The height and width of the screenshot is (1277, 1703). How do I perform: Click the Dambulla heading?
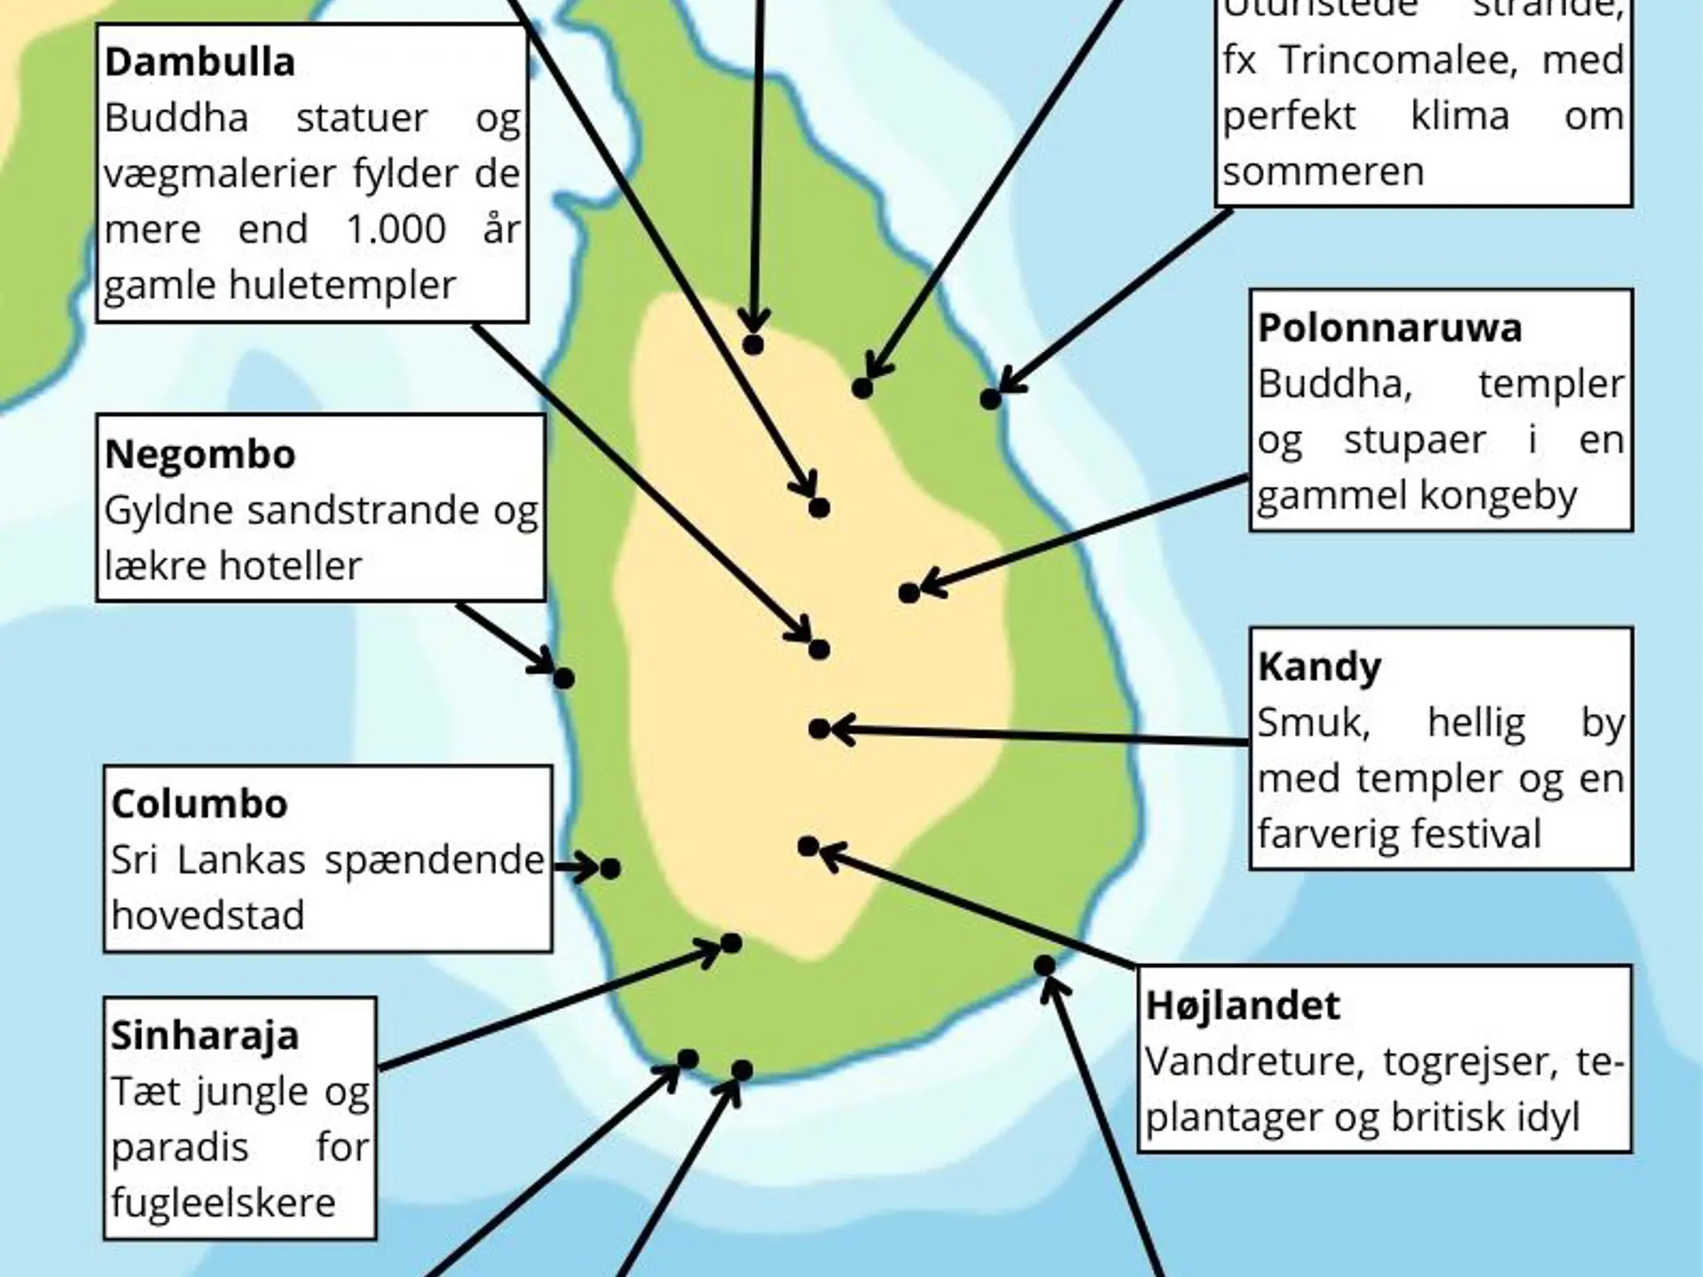[x=200, y=63]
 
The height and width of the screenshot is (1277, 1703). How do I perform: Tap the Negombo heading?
[x=200, y=455]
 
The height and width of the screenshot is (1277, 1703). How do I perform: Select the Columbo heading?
[x=200, y=804]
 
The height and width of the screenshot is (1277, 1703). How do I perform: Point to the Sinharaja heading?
[x=205, y=1036]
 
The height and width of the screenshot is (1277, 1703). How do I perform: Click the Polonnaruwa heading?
[x=1390, y=328]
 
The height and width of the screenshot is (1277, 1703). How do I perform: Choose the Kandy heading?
[x=1319, y=667]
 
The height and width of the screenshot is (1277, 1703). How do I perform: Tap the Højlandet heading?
[x=1242, y=1006]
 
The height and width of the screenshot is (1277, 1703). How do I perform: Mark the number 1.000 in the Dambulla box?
[x=396, y=230]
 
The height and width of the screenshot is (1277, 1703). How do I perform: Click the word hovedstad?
[x=208, y=915]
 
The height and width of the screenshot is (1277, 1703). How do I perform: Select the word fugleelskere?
[x=224, y=1203]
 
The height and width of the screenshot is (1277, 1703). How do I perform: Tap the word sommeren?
[x=1322, y=172]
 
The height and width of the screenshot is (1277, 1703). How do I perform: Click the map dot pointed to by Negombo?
[x=563, y=678]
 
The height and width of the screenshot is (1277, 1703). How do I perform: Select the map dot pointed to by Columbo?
[x=610, y=868]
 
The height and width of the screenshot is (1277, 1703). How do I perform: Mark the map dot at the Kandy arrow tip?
[x=819, y=729]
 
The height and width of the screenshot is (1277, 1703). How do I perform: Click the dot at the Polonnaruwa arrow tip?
[x=908, y=592]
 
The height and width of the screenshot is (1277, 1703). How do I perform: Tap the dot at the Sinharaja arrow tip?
[x=731, y=943]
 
